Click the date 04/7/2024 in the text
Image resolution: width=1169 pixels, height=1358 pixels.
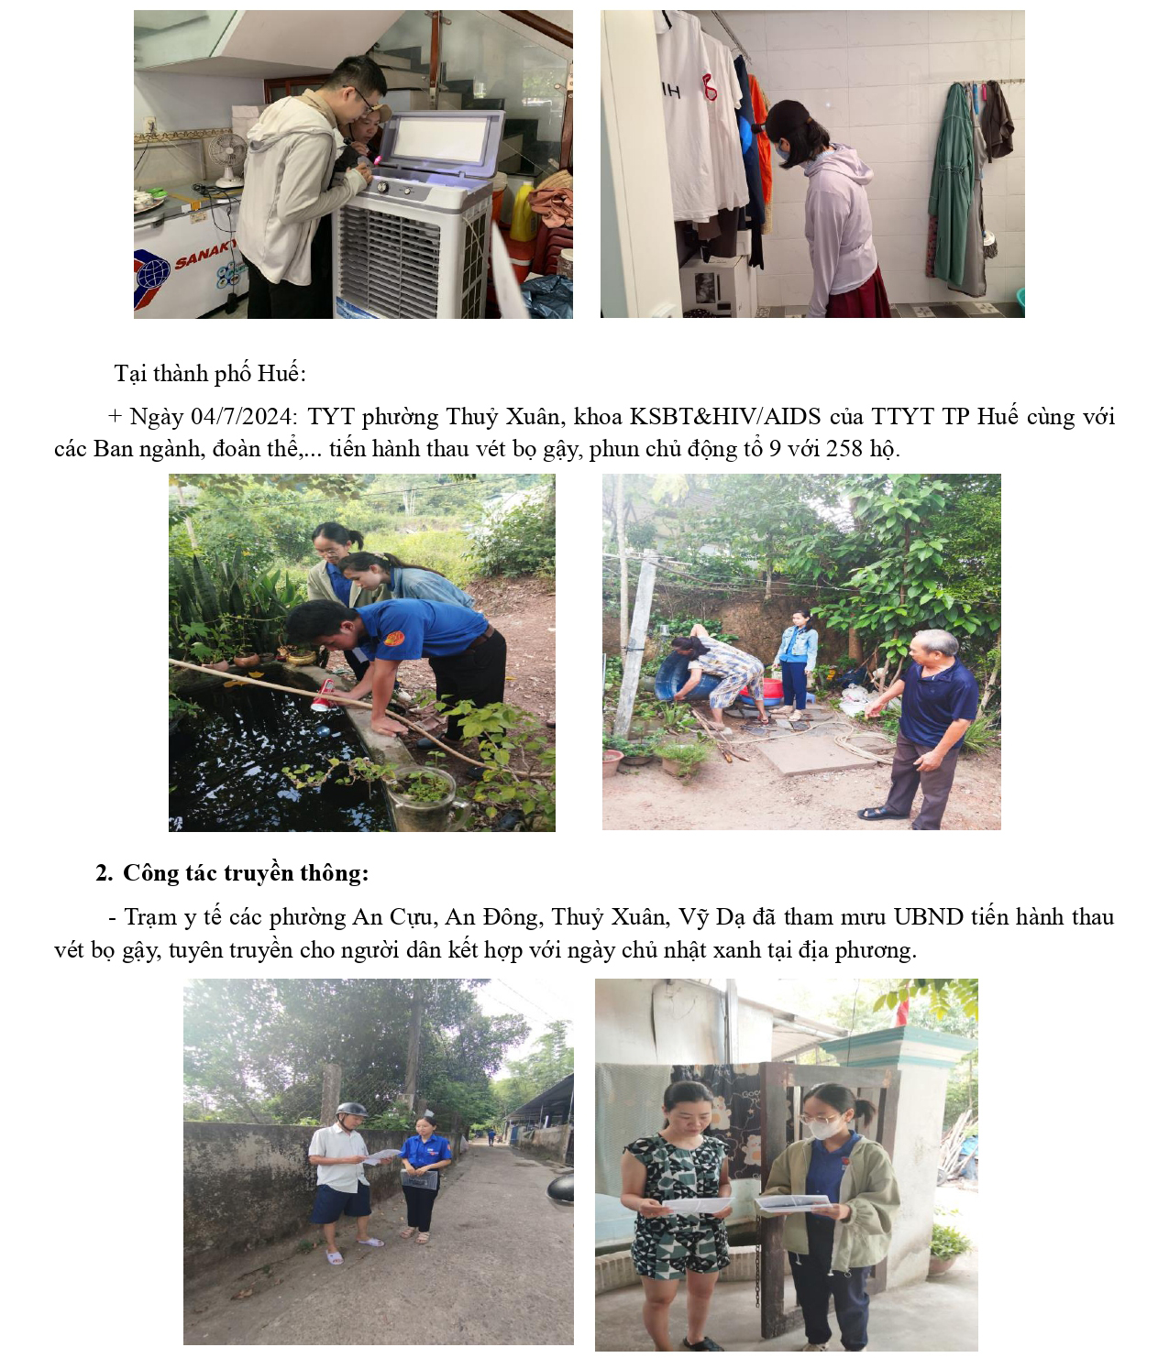pyautogui.click(x=240, y=416)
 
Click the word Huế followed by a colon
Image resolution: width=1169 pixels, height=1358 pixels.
pyautogui.click(x=281, y=373)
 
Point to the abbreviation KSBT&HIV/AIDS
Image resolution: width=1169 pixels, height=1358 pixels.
pyautogui.click(x=725, y=416)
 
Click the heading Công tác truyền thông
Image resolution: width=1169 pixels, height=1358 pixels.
pyautogui.click(x=246, y=872)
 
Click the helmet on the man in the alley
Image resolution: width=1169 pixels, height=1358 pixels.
pyautogui.click(x=351, y=1110)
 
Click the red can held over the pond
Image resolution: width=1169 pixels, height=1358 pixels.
pyautogui.click(x=323, y=695)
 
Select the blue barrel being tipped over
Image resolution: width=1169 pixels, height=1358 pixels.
pyautogui.click(x=684, y=676)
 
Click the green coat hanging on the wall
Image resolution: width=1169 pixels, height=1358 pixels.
pyautogui.click(x=951, y=187)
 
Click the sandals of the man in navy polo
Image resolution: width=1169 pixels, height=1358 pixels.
pyautogui.click(x=881, y=814)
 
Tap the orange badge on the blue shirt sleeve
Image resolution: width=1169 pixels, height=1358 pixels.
pyautogui.click(x=394, y=637)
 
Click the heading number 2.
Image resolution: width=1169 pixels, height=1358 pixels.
pyautogui.click(x=104, y=873)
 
